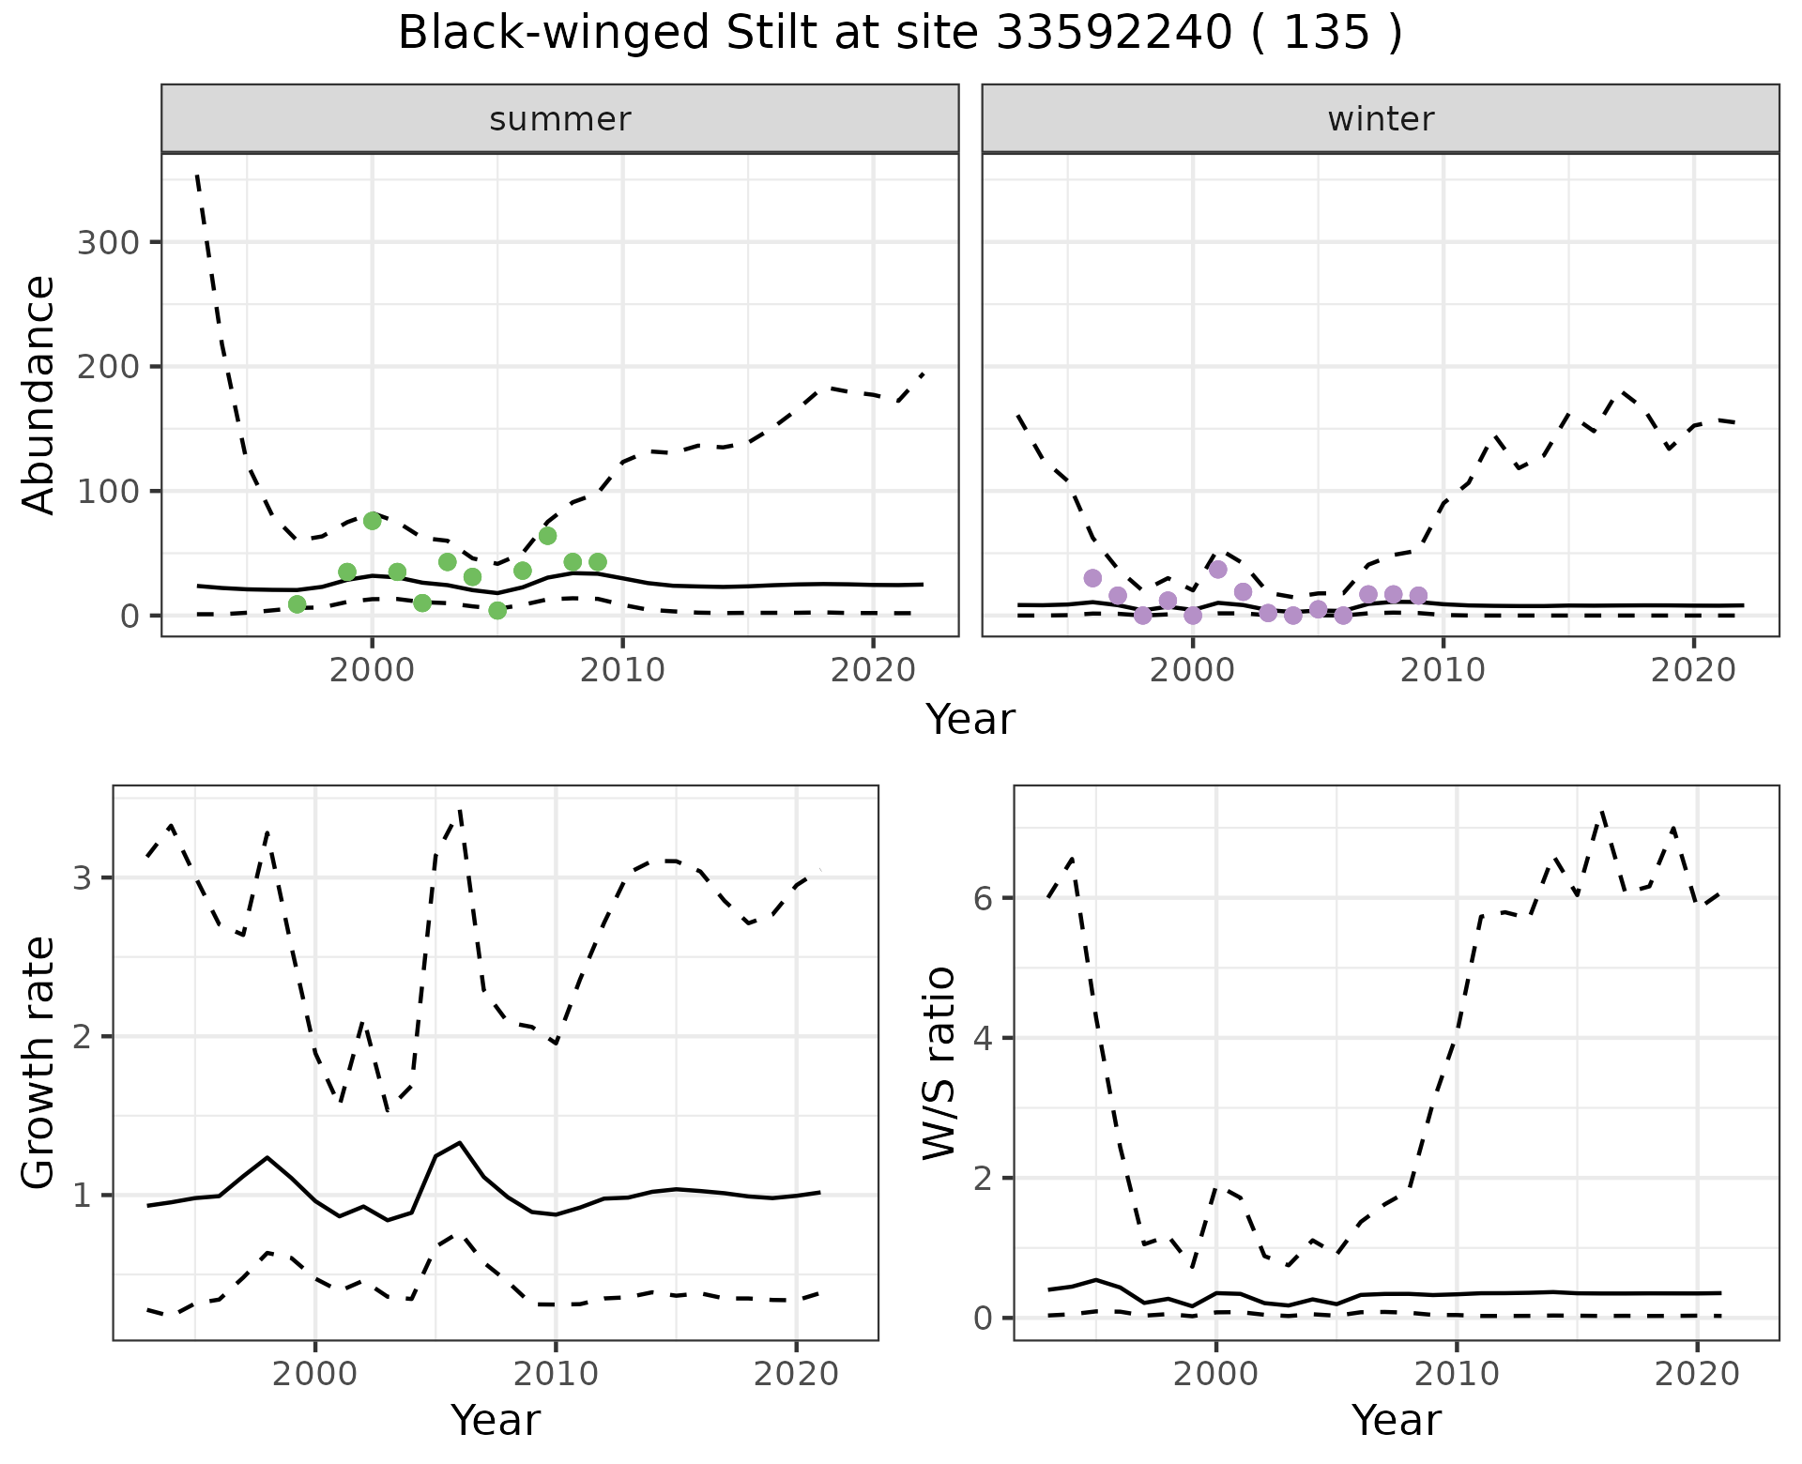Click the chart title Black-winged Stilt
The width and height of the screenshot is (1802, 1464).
coord(899,34)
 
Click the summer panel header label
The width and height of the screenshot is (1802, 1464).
coord(560,119)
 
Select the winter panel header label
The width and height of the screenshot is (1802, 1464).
coord(1381,119)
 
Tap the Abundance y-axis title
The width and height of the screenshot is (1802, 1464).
coord(39,395)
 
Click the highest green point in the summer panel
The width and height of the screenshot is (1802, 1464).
coord(373,521)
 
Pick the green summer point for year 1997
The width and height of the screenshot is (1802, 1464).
coord(298,604)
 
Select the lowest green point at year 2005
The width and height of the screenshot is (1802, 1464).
coord(497,611)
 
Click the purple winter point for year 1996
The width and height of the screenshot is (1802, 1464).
coord(1092,578)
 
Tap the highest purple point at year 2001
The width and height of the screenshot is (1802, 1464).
coord(1218,569)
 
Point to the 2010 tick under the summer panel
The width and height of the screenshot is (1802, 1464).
coord(623,671)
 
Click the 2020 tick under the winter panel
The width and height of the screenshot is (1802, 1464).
coord(1694,671)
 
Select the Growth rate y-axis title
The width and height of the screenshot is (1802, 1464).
coord(39,1062)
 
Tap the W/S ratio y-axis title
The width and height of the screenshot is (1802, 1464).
coord(939,1062)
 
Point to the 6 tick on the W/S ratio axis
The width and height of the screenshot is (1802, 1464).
coord(983,898)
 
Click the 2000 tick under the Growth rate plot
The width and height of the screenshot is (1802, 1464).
coord(315,1375)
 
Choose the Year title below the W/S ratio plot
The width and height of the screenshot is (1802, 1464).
coord(1396,1421)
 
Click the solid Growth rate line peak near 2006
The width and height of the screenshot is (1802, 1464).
coord(459,1143)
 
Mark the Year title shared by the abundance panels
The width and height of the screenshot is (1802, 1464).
coord(970,720)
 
